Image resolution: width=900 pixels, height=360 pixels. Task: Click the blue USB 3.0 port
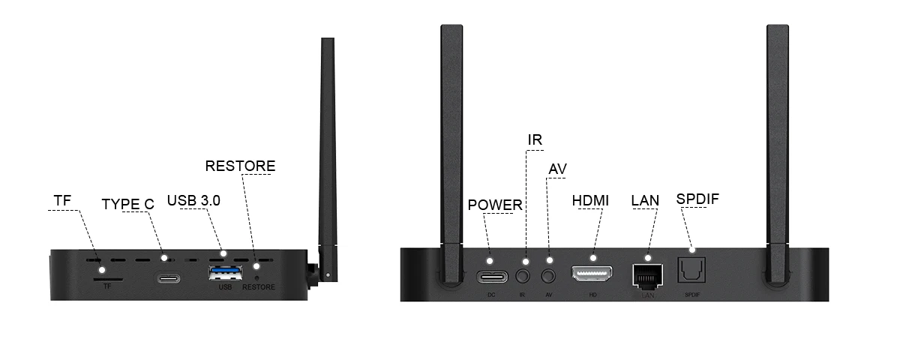(226, 273)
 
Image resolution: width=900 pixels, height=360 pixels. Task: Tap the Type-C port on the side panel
(168, 278)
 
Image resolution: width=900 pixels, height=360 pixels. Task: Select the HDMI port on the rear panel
(592, 274)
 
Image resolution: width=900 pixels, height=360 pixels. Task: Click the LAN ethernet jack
(648, 277)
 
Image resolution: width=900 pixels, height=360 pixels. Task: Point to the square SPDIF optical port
(691, 270)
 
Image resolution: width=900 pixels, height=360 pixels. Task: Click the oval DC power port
(492, 277)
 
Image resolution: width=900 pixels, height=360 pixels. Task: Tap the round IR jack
(523, 276)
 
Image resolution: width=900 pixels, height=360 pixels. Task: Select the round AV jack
(548, 276)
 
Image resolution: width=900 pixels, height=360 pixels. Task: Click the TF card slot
(108, 279)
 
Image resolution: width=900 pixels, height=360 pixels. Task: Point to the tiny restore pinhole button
(257, 277)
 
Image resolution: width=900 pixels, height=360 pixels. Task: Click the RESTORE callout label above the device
(240, 166)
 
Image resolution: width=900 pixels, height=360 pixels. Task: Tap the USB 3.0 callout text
(193, 200)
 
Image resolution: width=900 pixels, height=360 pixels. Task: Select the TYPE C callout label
(127, 204)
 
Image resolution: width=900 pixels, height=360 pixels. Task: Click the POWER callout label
(495, 205)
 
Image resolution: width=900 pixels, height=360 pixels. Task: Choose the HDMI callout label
(590, 200)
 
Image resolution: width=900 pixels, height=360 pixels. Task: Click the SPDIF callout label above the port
(697, 199)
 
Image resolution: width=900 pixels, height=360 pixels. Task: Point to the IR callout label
(535, 139)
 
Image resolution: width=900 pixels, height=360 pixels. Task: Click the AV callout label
(558, 169)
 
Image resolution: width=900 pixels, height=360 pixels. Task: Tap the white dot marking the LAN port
(648, 257)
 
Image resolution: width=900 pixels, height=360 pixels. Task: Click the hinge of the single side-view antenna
(313, 274)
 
